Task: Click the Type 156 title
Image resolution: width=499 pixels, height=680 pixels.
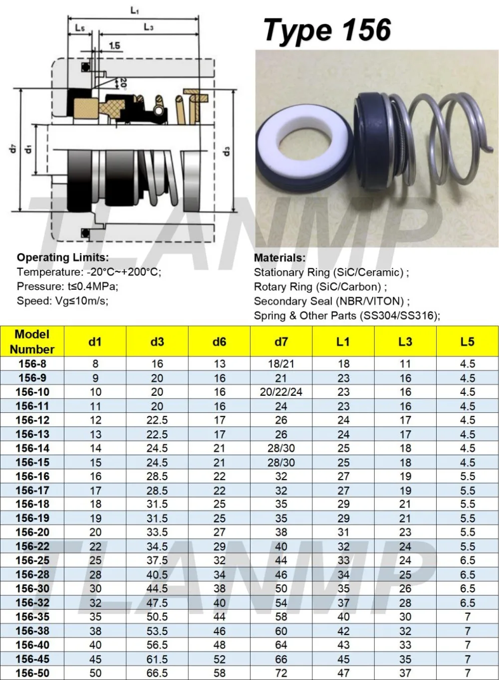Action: coord(327,30)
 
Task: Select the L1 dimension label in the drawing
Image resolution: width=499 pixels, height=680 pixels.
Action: coord(134,10)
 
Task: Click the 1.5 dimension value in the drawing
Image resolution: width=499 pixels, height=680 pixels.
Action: coord(114,46)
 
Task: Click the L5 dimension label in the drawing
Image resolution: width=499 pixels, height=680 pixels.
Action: coord(80,28)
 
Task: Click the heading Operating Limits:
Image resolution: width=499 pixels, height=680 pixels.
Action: coord(62,258)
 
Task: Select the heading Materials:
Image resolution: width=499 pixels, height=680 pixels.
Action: coord(279,258)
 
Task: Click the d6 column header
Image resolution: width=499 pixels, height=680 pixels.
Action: coord(219,341)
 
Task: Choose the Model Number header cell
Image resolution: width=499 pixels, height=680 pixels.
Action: coord(32,341)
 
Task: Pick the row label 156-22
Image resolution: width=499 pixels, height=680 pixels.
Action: coord(32,546)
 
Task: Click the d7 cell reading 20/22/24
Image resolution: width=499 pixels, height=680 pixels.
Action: coord(281,392)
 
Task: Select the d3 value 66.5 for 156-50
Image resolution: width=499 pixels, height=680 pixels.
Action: coord(157,673)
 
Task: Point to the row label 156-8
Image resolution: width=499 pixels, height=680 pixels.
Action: coord(32,364)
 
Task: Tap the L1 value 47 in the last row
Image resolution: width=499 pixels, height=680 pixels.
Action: coord(343,673)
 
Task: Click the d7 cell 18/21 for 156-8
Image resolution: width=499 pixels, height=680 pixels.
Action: coord(281,364)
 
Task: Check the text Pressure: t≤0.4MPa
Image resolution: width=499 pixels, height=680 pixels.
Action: coord(67,287)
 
